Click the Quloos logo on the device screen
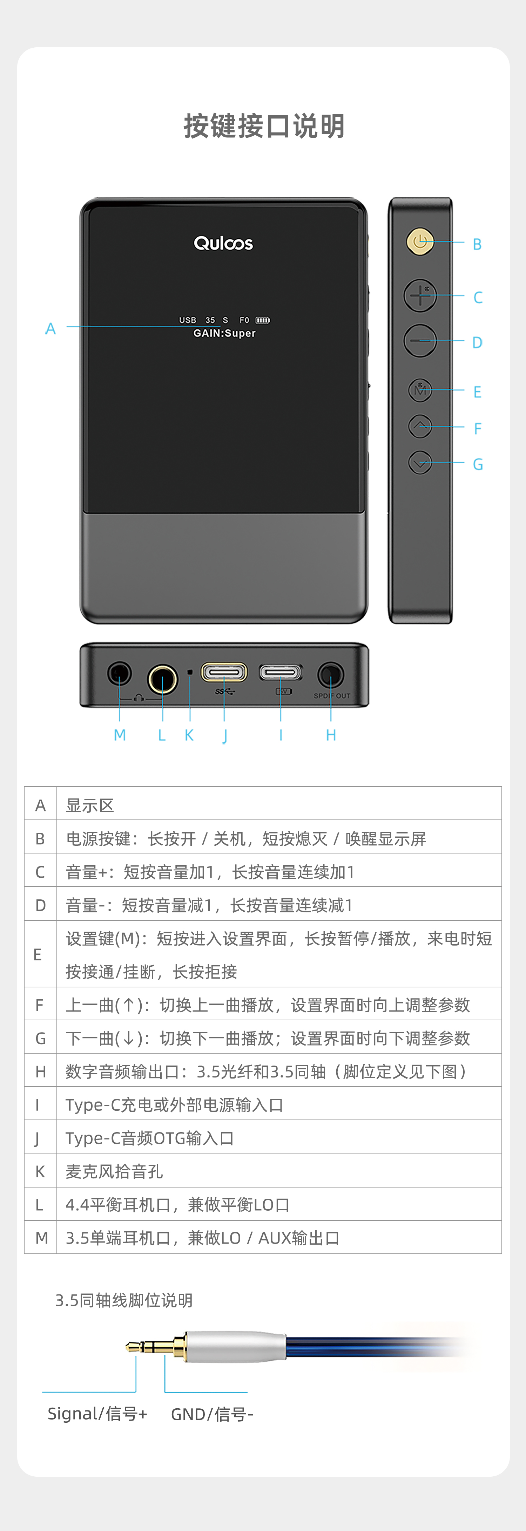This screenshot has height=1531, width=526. (x=223, y=243)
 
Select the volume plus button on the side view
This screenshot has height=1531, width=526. (x=420, y=295)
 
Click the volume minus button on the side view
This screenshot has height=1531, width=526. (x=420, y=341)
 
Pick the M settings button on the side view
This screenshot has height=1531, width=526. (x=420, y=390)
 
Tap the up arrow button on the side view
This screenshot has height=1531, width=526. (x=420, y=426)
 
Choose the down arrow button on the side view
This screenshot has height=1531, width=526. (x=420, y=462)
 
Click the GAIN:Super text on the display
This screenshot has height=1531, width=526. (x=224, y=333)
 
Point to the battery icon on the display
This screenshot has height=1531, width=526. (x=263, y=320)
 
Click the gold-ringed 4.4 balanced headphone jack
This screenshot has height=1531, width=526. (x=162, y=679)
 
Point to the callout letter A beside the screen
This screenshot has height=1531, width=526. (x=50, y=329)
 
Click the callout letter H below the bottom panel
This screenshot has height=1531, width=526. (x=331, y=735)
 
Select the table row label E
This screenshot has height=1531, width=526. (x=38, y=954)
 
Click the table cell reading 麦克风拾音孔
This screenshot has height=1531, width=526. (x=114, y=1171)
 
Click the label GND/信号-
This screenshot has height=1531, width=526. (x=212, y=1414)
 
